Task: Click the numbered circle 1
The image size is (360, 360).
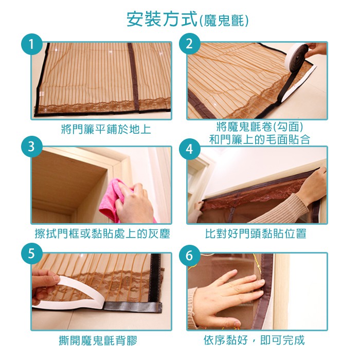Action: coord(32,44)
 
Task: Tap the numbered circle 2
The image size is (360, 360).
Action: coord(189,44)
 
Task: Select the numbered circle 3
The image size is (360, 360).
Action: coord(32,147)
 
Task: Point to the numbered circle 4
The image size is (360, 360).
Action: coord(189,149)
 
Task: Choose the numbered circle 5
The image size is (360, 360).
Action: coord(32,254)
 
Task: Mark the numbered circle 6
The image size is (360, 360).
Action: coord(189,255)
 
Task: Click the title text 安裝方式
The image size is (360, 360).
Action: coord(162,20)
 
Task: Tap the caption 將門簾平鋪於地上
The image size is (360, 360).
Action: coord(106,129)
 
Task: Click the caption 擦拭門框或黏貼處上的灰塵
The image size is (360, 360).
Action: coord(102,233)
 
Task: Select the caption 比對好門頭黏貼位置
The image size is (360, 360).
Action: coord(256,233)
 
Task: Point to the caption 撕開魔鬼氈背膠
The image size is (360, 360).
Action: coord(98,340)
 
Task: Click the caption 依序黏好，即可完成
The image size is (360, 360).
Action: coord(254,340)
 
